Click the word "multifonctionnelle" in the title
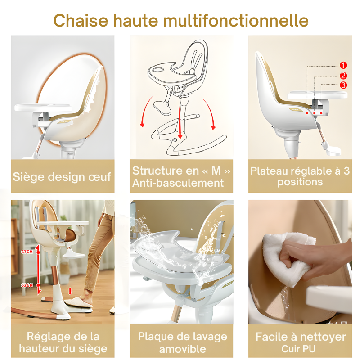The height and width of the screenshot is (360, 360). click(236, 21)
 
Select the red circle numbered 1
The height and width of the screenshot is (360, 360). click(343, 65)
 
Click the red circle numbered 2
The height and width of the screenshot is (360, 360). click(343, 76)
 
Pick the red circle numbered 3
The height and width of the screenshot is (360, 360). click(343, 85)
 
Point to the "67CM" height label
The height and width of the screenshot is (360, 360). click(27, 252)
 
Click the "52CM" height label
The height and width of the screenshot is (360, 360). click(27, 285)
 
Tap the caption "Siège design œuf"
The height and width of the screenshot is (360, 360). click(62, 176)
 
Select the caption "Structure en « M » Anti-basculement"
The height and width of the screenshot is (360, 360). click(182, 176)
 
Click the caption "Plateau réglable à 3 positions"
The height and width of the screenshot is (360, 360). click(300, 176)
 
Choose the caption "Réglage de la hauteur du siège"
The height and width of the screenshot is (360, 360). click(62, 342)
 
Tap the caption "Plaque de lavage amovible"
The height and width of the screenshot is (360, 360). click(182, 342)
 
